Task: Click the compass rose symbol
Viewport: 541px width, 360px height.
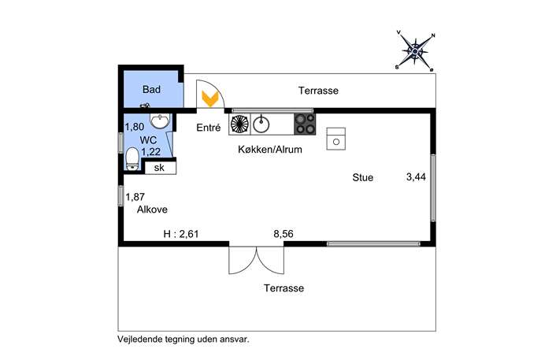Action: pos(415,51)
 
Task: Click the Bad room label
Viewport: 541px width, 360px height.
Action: pos(151,89)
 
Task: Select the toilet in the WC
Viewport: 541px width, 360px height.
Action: pos(132,159)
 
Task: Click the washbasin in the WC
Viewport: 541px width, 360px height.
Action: pos(160,121)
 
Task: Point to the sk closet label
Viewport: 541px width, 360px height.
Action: pos(159,168)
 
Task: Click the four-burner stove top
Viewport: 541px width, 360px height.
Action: pos(305,124)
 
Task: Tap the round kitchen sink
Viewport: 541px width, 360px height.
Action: pos(261,124)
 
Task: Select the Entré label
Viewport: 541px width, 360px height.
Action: pos(209,128)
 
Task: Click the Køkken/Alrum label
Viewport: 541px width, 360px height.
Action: pos(270,150)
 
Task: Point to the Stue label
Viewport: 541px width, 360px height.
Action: pos(362,177)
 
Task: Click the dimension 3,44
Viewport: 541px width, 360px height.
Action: pos(416,177)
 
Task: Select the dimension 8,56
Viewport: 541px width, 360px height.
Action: pos(283,234)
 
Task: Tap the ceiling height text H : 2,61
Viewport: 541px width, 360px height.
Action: pos(181,234)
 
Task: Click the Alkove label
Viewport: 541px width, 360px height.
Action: pos(152,210)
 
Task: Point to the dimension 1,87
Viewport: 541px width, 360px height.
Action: pos(135,197)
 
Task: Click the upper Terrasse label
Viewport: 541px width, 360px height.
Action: pos(318,91)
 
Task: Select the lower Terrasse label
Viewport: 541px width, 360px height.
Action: pos(284,288)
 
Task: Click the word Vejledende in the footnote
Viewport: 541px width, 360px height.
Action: pos(140,339)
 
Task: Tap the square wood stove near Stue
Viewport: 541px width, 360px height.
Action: pos(336,139)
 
